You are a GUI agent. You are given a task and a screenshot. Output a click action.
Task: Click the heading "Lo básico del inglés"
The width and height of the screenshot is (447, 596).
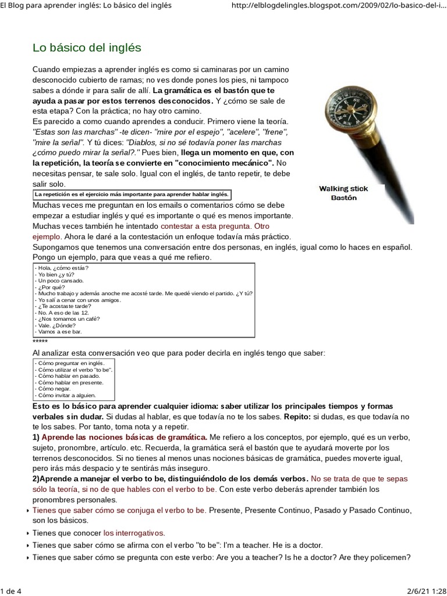(x=87, y=47)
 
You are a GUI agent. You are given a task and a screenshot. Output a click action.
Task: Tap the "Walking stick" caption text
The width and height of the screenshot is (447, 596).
(x=343, y=189)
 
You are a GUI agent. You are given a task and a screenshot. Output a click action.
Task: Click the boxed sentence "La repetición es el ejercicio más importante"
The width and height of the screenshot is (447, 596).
(x=132, y=194)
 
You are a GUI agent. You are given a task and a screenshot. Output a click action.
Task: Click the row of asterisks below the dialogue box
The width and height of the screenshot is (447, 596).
(x=40, y=341)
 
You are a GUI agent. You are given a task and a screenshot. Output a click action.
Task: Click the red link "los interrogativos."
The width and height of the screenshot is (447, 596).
(x=134, y=533)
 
